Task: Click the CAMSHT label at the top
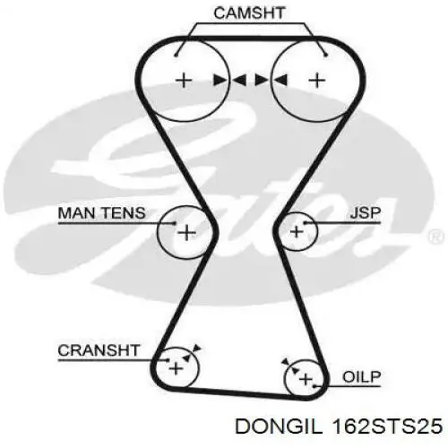249,13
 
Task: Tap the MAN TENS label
101,213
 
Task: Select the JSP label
366,213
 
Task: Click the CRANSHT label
99,350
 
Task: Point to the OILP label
361,377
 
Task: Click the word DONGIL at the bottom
280,426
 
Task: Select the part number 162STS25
387,426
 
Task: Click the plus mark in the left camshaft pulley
184,81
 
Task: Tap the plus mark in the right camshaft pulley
317,81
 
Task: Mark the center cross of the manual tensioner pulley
186,233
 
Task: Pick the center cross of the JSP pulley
297,232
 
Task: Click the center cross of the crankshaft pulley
176,368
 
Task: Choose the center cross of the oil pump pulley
306,379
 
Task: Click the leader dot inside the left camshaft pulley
176,56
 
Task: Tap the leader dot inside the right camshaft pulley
326,55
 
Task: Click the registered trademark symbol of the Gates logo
436,236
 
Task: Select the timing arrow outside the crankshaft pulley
197,348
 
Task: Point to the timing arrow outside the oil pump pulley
286,362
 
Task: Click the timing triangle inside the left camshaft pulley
220,81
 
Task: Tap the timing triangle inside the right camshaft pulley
280,81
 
